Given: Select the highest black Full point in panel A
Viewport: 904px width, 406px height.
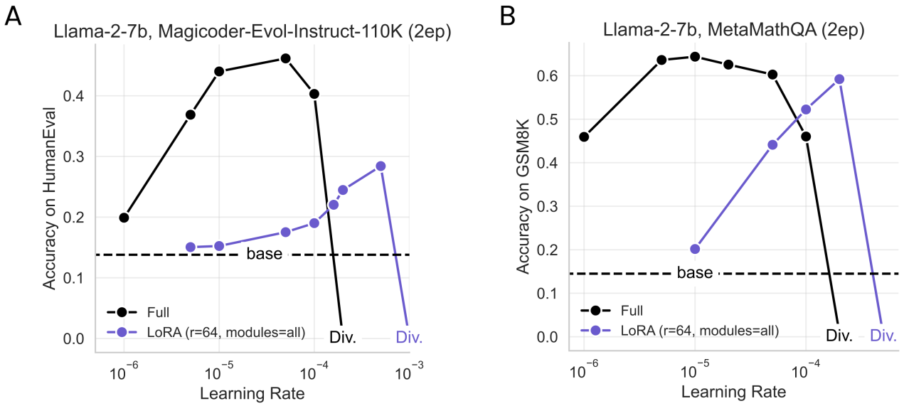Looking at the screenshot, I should click(285, 58).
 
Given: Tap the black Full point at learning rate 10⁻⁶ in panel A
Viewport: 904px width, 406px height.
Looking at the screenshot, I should click(124, 218).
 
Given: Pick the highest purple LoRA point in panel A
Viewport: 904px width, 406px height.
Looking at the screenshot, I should click(381, 166).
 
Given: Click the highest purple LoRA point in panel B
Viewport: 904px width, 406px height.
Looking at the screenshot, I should click(839, 79).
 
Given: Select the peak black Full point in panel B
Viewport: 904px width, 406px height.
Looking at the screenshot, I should click(695, 57).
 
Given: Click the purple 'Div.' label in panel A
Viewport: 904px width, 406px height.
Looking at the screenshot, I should click(409, 336).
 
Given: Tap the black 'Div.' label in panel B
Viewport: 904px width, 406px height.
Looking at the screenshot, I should click(839, 336).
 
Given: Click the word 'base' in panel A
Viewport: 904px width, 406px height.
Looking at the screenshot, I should click(265, 254).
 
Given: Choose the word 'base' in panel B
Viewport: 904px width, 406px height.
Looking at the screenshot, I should click(695, 273).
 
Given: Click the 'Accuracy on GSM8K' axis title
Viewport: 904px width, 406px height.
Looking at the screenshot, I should click(524, 203).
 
